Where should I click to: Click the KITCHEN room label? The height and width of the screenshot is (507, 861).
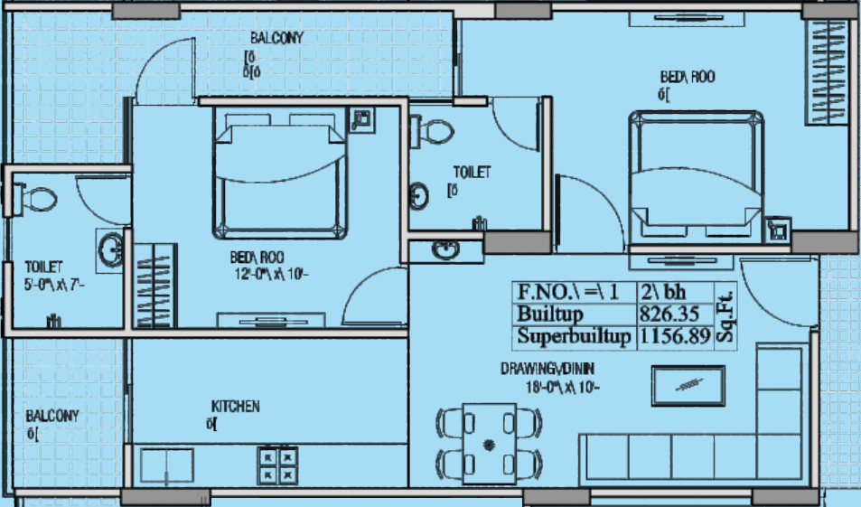coord(235,407)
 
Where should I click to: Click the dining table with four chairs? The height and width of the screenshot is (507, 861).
coord(489,440)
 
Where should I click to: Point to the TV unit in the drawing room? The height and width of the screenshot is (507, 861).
coord(688,386)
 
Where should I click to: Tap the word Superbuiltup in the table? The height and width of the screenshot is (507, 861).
coord(573,337)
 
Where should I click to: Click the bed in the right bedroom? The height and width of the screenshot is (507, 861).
coord(695,175)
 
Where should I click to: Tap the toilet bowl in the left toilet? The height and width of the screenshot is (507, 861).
coord(37,196)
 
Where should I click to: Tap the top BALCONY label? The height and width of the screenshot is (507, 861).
coord(277,38)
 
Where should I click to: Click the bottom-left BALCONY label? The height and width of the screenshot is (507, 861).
coord(51,417)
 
